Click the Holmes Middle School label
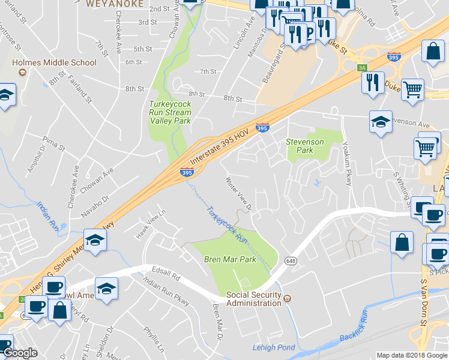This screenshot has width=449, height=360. pos(54,62)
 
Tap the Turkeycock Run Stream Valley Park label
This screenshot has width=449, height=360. pos(170,112)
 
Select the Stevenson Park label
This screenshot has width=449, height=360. pos(305,146)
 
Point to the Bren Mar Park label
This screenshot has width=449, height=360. pos(230,259)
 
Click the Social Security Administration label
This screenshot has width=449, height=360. pos(253,299)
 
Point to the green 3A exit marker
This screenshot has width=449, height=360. pos(361,68)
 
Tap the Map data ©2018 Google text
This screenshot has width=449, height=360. pos(412,355)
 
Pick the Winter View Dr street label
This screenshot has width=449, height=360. pos(238,194)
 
